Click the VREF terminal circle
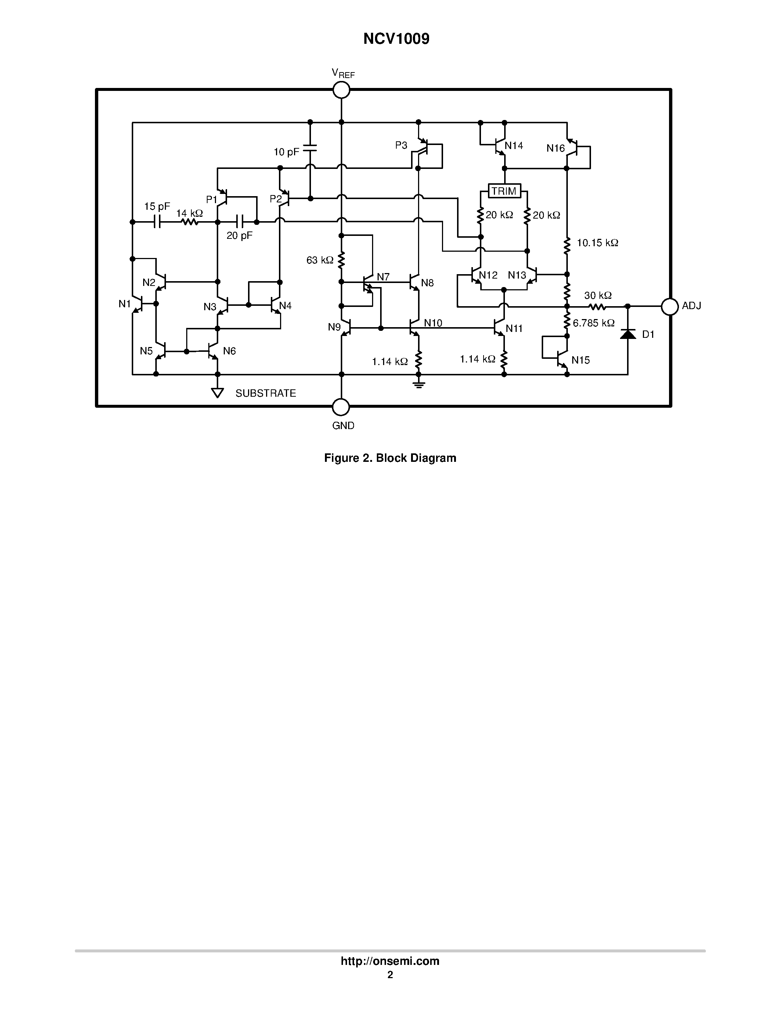342,90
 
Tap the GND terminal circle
341,407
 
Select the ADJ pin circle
669,306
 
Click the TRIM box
504,191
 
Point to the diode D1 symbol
628,334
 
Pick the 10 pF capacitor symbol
310,150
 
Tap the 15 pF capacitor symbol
157,222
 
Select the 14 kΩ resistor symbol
190,222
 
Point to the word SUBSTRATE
265,393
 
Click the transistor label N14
514,145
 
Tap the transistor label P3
401,145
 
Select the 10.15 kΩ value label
597,243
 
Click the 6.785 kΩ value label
594,323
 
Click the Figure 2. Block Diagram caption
390,458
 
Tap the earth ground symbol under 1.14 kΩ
419,384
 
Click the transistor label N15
580,360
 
